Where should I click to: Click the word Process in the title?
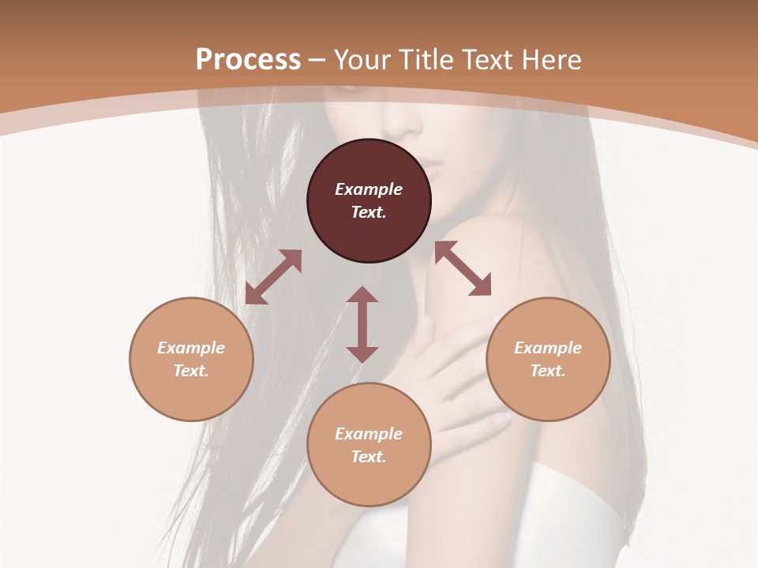[248, 59]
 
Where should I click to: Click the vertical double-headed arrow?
[362, 324]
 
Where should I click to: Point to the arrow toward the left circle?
[273, 277]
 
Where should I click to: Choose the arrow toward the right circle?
[463, 268]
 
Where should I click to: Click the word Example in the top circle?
[369, 189]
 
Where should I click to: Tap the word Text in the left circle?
[191, 371]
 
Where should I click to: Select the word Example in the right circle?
[548, 348]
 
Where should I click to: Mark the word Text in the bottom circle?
[369, 457]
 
